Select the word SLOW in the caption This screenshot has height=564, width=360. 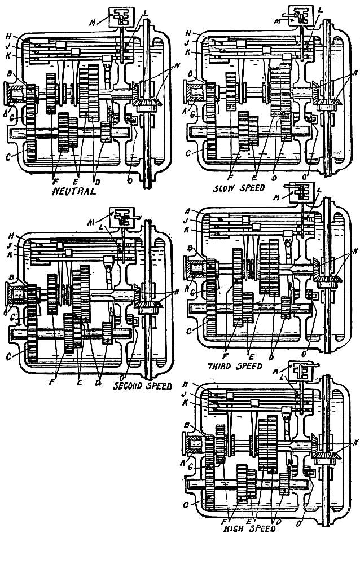tap(226, 187)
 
